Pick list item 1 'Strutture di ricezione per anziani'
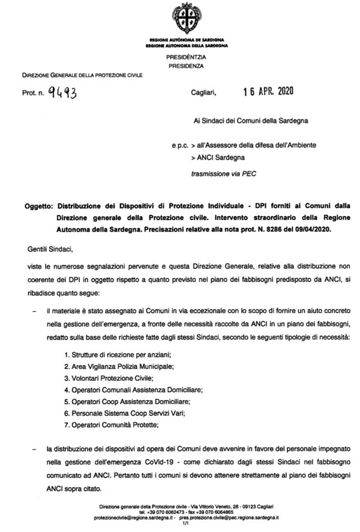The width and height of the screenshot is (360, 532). [109, 354]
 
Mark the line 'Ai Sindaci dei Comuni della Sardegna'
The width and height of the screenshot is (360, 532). [242, 121]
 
